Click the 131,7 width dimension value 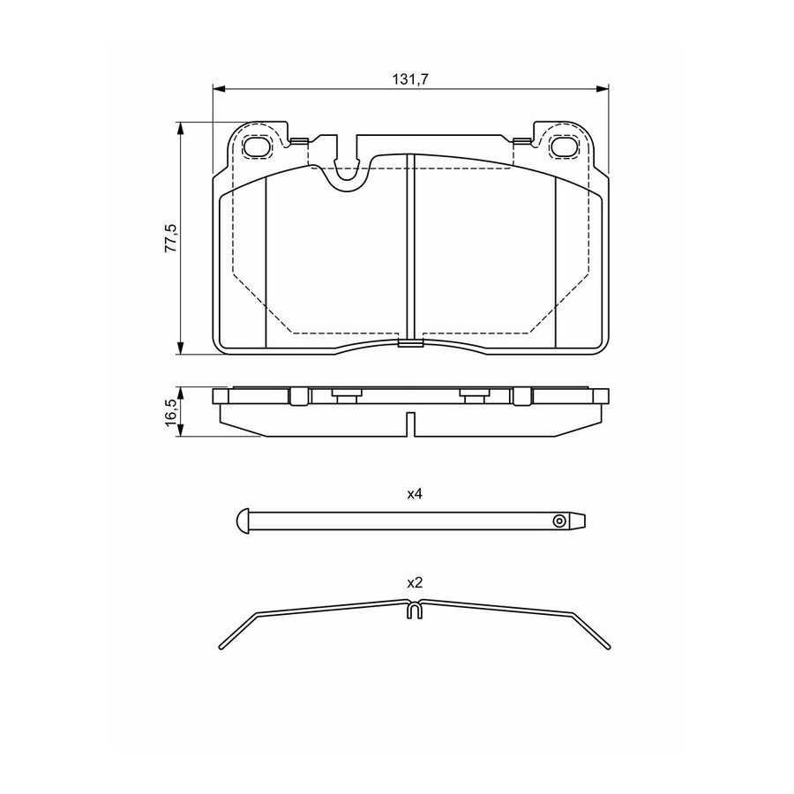pyautogui.click(x=410, y=79)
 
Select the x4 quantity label pyautogui.click(x=415, y=494)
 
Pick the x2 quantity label pyautogui.click(x=415, y=583)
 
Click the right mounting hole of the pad pyautogui.click(x=563, y=146)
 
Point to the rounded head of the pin pyautogui.click(x=243, y=520)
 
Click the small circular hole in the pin pyautogui.click(x=558, y=521)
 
